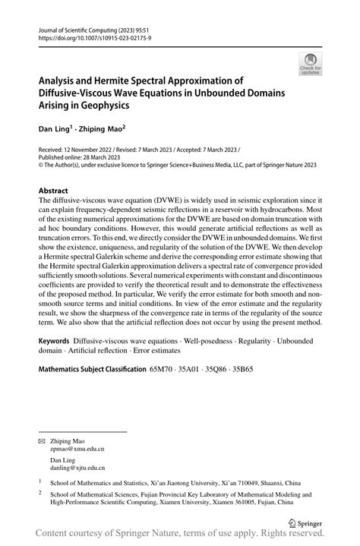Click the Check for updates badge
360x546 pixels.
(311, 65)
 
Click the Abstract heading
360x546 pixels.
(54, 191)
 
